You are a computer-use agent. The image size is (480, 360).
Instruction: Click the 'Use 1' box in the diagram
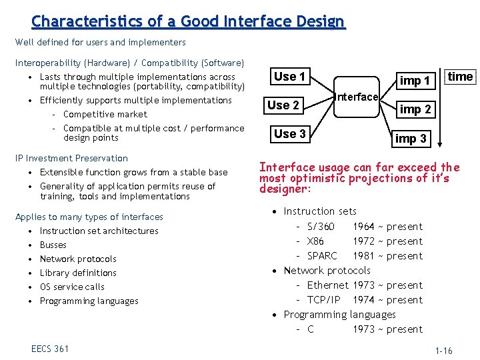point(289,77)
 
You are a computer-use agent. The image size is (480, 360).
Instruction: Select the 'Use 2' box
point(283,105)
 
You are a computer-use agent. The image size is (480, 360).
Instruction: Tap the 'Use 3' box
point(289,134)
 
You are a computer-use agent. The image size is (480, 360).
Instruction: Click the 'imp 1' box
point(415,81)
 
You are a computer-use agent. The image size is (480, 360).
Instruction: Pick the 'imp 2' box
point(415,109)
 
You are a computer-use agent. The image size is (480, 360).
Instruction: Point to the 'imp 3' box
point(411,139)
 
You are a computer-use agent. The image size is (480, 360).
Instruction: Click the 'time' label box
point(460,77)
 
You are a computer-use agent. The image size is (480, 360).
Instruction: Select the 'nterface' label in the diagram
point(357,97)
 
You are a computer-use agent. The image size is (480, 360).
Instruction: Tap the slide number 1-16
point(443,351)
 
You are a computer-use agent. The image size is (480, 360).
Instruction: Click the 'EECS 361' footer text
point(50,349)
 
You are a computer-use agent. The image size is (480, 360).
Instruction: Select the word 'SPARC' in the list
point(322,256)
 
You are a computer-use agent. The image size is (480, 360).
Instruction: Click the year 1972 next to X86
point(363,241)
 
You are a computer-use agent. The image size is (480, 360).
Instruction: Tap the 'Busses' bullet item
point(53,245)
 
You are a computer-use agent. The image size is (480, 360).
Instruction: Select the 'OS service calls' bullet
point(72,287)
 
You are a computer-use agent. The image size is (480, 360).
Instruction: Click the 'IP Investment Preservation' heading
point(71,158)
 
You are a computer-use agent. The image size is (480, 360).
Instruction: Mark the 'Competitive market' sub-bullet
point(105,114)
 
